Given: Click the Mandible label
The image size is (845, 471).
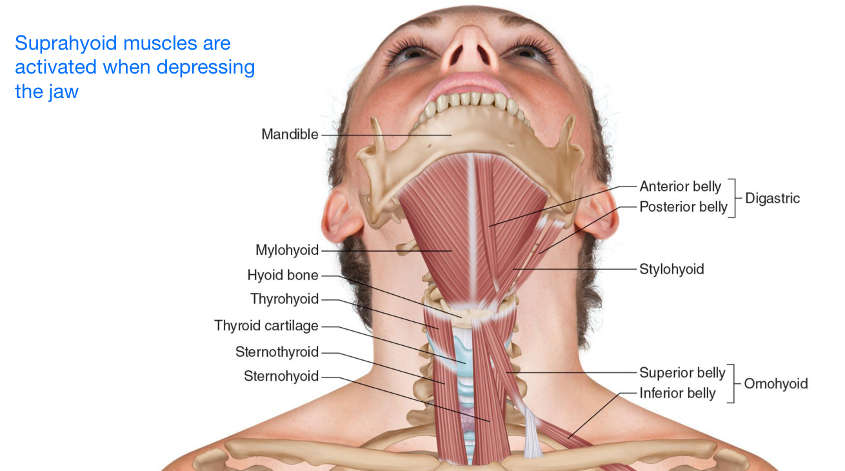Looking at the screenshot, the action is (290, 134).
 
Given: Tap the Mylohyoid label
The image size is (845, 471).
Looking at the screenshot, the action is (287, 250).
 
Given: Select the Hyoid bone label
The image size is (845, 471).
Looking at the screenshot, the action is (283, 276).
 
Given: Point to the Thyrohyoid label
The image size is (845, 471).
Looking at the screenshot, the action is (284, 299).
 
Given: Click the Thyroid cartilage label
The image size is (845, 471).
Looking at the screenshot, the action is (266, 326).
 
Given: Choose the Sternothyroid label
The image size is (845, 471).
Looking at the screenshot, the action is (277, 352).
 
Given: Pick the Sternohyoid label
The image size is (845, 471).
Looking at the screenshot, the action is (281, 376).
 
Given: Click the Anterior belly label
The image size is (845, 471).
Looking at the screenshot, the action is (680, 186).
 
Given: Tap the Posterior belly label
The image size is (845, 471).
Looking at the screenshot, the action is (683, 207).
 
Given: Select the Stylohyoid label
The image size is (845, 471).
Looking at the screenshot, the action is (671, 269).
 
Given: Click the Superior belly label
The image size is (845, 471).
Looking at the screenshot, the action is (682, 372).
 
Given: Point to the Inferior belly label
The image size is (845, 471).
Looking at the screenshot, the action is (677, 393).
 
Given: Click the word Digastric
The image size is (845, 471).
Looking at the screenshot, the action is (772, 197).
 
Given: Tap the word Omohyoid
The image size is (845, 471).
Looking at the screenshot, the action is (775, 384).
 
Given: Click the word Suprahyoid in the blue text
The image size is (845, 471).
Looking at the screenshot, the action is (61, 44).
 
